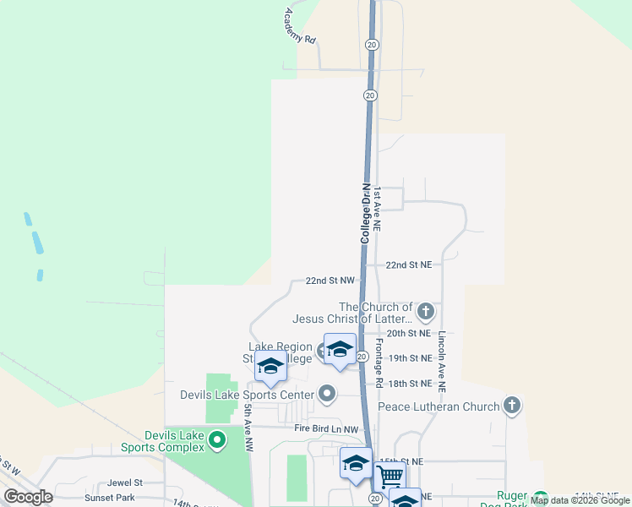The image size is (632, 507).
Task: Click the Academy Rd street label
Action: click(x=300, y=26)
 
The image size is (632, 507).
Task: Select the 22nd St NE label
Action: click(x=409, y=265)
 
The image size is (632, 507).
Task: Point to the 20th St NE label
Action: click(x=409, y=334)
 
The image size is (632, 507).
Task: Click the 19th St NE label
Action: click(x=409, y=358)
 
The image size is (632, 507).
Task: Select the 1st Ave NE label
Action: click(x=378, y=210)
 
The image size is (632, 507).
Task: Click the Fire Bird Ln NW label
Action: click(x=327, y=429)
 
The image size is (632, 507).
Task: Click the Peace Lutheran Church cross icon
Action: click(x=511, y=406)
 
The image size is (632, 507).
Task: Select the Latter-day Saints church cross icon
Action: click(x=426, y=313)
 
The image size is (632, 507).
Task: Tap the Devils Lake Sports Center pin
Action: click(x=327, y=394)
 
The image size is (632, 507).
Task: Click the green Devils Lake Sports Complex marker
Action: click(x=217, y=439)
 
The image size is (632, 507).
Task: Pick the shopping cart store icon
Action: click(x=390, y=477)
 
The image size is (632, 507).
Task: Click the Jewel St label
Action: click(x=124, y=482)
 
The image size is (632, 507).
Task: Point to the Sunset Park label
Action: click(x=114, y=498)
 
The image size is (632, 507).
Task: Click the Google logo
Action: click(x=29, y=496)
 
